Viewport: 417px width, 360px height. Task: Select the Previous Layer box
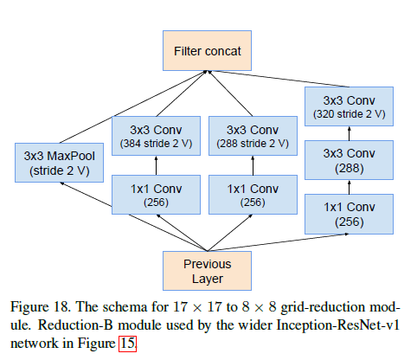pyautogui.click(x=208, y=269)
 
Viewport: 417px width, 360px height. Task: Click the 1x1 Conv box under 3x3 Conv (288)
pyautogui.click(x=348, y=214)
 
